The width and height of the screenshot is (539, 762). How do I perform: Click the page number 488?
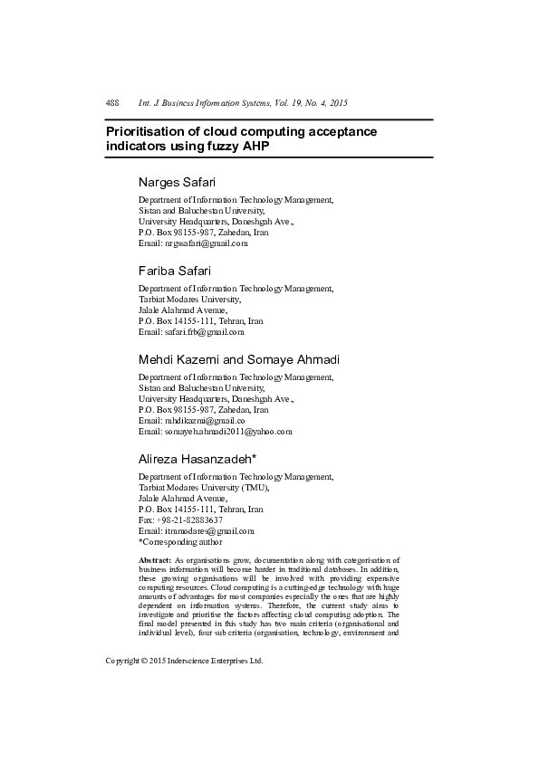113,104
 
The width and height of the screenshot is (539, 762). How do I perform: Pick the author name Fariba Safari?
176,271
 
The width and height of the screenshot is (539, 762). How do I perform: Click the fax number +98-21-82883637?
190,520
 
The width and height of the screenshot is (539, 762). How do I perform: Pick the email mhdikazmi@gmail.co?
201,421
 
